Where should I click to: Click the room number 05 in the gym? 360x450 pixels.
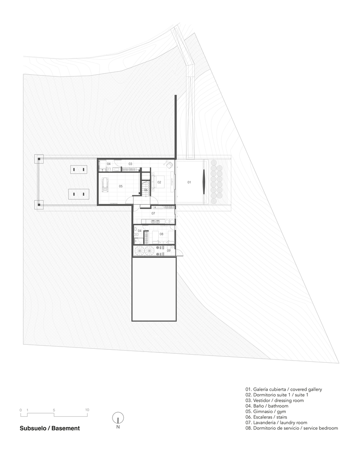pos(121,186)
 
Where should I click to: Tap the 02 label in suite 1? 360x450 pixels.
pos(159,182)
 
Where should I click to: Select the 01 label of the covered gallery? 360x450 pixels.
pos(189,182)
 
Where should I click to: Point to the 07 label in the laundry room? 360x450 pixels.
pos(153,213)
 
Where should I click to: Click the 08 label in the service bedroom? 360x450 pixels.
pos(162,234)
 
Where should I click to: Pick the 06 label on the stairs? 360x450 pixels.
pos(146,190)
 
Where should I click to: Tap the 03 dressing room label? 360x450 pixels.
pos(130,164)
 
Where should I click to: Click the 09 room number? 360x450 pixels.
pos(169,251)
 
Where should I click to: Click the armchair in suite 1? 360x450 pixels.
pos(169,165)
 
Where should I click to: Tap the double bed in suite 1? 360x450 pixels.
pos(157,182)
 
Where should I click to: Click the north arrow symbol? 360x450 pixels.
pos(118,418)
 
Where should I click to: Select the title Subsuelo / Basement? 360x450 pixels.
pos(49,428)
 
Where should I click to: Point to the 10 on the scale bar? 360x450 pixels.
pos(87,410)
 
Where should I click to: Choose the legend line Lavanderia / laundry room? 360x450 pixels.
pos(276,423)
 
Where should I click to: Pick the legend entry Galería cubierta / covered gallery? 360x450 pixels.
pos(283,389)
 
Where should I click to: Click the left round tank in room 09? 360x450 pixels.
pos(139,251)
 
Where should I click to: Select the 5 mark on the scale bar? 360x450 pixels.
pos(54,410)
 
